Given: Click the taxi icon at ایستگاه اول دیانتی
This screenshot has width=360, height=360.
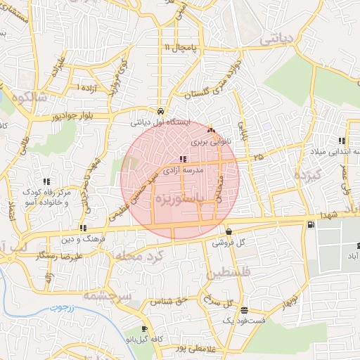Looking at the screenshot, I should (x=162, y=111).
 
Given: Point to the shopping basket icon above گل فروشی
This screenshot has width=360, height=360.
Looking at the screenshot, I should (x=229, y=232).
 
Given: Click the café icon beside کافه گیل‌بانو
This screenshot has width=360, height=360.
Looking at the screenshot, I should (x=144, y=329).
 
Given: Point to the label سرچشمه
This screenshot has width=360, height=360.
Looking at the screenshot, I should (x=107, y=296).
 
